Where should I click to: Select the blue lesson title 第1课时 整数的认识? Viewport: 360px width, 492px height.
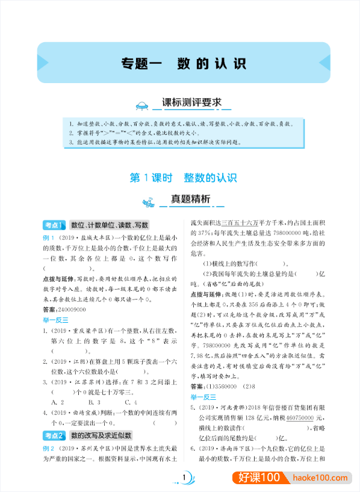point(184,178)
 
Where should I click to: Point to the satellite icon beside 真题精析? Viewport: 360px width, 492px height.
point(147,201)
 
